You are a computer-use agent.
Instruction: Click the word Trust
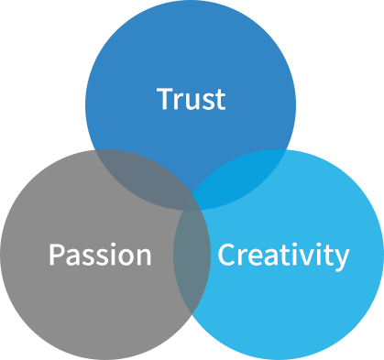pyautogui.click(x=191, y=98)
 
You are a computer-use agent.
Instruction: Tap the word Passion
pyautogui.click(x=99, y=254)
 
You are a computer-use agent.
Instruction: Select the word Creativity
pyautogui.click(x=283, y=254)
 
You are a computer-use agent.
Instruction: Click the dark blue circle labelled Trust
pyautogui.click(x=191, y=55)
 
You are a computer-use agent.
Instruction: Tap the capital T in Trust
pyautogui.click(x=164, y=97)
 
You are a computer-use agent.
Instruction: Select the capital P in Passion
pyautogui.click(x=55, y=254)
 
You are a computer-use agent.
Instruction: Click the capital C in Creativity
pyautogui.click(x=225, y=254)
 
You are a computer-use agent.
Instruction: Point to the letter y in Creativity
pyautogui.click(x=342, y=257)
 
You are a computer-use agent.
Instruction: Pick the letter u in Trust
pyautogui.click(x=191, y=100)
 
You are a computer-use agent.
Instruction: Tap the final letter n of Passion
pyautogui.click(x=143, y=256)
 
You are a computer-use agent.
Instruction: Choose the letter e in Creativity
pyautogui.click(x=254, y=256)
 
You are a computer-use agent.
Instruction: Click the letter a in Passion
pyautogui.click(x=72, y=256)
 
